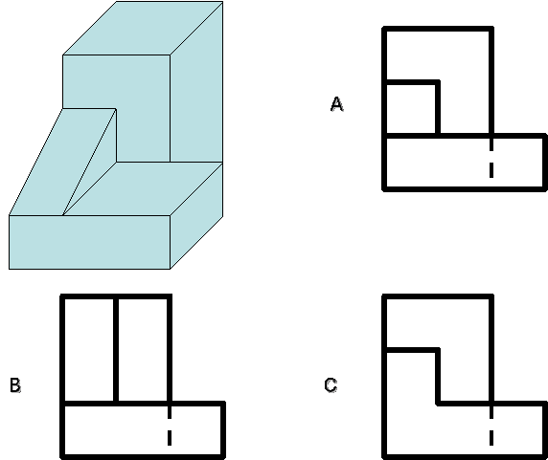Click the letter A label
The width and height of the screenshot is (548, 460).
pos(337,104)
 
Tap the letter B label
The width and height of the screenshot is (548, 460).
pos(15,385)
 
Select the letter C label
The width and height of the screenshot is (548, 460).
pos(331,385)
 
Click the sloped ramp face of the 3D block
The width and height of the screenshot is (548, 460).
pos(63,162)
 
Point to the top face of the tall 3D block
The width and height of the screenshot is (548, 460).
pos(143,29)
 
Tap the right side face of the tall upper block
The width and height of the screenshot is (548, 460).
pos(196,81)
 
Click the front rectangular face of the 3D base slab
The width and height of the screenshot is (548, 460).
pos(89,242)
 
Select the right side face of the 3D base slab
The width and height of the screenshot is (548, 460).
pos(196,215)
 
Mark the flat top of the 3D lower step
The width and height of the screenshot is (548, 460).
pos(143,188)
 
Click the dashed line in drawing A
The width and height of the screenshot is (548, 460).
pos(491,158)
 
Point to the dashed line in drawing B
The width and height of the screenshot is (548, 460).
pos(170,426)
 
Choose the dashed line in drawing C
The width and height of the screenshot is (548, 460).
pos(491,426)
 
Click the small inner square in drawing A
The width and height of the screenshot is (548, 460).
pos(411,108)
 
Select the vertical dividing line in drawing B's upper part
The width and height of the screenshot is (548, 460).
pos(116,350)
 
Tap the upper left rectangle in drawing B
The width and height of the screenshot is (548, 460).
pos(89,350)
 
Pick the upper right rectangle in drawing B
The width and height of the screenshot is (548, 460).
pos(143,350)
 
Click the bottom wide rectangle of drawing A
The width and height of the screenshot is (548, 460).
pos(465,163)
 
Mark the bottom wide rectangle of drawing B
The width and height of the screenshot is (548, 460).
pos(143,430)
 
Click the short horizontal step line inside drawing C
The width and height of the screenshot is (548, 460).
pos(411,350)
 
